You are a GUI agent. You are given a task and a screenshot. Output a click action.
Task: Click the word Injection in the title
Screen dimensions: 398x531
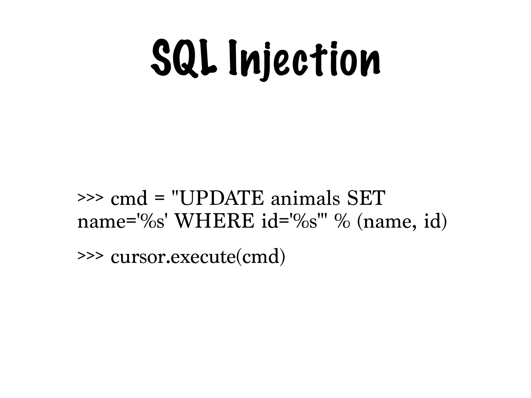point(304,60)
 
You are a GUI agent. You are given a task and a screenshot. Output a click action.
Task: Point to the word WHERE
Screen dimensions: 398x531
point(215,222)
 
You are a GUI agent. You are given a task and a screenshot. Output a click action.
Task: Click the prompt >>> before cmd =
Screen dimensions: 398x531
point(90,199)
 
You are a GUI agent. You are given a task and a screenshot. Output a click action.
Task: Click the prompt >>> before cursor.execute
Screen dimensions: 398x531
point(90,257)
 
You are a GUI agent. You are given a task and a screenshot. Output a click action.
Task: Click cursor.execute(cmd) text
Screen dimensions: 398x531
point(198,257)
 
